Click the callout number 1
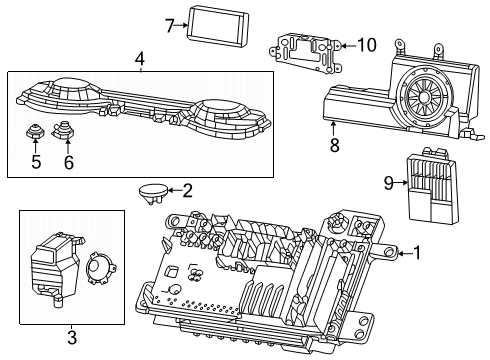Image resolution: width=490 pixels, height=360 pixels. point(419,254)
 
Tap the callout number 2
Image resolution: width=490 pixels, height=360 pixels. point(188,189)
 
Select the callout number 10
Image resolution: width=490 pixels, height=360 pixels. point(367,44)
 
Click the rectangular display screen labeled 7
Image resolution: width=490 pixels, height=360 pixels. point(214,25)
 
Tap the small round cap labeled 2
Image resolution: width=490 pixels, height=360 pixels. point(152,190)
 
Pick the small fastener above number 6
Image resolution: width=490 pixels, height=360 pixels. point(66,128)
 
